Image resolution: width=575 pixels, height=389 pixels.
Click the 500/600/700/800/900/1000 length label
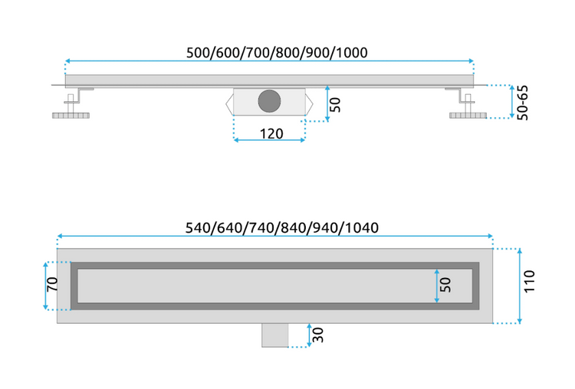pos(277,53)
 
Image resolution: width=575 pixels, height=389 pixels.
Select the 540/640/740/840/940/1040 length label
pos(282,228)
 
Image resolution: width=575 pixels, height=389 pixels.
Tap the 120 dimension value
pos(270,133)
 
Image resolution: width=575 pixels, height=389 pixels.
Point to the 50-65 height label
pos(523,103)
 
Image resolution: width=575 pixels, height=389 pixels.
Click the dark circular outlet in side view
pos(270,101)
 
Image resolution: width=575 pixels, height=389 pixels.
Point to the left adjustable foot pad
pos(71,117)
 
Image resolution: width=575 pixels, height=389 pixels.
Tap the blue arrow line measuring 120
pos(270,141)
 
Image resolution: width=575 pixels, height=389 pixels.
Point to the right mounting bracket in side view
pos(458,95)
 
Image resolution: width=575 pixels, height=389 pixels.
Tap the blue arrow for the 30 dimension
pos(308,335)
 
